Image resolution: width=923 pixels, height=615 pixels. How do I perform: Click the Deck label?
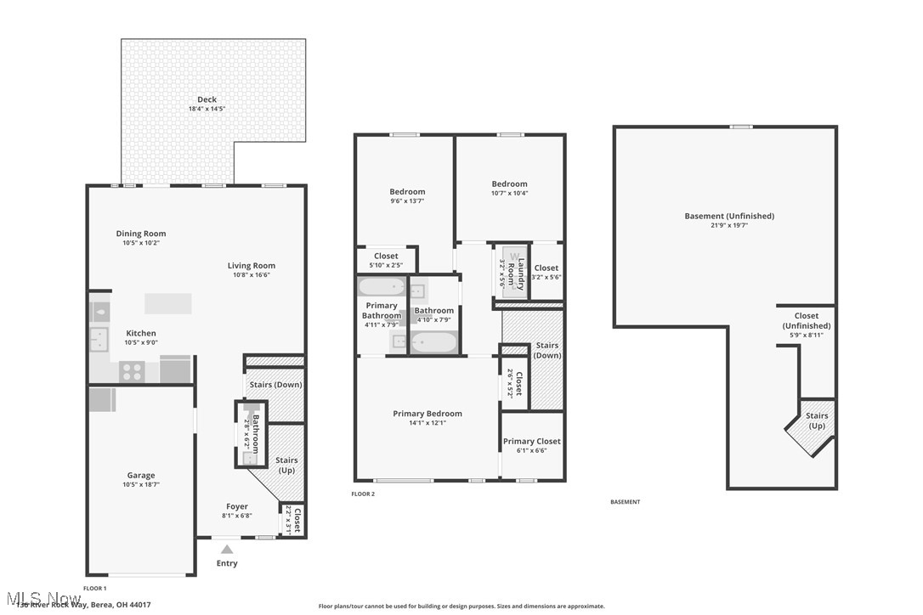click(207, 99)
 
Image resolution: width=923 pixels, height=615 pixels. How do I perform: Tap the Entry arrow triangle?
click(227, 550)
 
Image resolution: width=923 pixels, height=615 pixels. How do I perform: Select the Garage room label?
click(141, 476)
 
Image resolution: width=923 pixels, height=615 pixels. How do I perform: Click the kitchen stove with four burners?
click(132, 371)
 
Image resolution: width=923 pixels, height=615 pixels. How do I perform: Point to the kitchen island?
click(167, 303)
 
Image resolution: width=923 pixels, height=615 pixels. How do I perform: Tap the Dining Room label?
click(141, 234)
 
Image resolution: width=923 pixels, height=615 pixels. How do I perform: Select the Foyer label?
click(237, 506)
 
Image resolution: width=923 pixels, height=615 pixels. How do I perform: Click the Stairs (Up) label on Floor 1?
click(286, 465)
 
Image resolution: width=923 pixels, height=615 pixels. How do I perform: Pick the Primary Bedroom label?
click(428, 414)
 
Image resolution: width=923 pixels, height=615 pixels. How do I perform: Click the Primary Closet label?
click(531, 441)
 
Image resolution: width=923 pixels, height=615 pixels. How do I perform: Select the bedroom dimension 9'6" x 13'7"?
click(407, 201)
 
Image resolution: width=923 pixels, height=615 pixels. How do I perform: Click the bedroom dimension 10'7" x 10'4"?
click(509, 194)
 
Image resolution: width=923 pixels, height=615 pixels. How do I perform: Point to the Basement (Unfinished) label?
click(729, 216)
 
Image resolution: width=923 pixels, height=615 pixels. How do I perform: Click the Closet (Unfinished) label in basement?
click(807, 320)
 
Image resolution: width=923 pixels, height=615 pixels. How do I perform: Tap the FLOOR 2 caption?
click(363, 494)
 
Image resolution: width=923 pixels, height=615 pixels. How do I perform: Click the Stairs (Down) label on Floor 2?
click(546, 350)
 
